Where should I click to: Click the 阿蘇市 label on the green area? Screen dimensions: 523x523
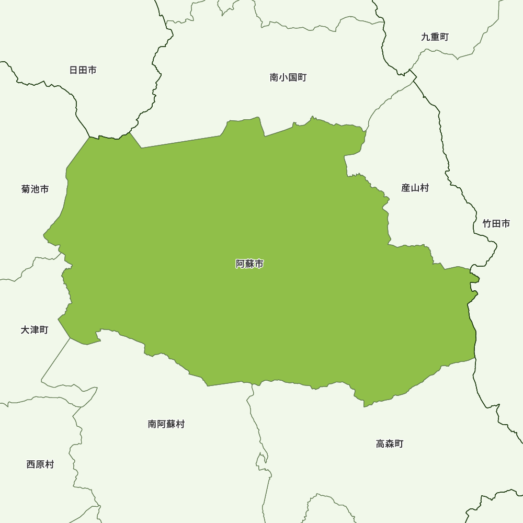tap(249, 264)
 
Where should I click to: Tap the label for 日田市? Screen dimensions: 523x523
tap(83, 70)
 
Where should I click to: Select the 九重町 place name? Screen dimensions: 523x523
tap(435, 37)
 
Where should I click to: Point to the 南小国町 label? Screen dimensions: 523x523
tap(288, 78)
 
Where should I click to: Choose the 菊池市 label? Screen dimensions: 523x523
tap(35, 189)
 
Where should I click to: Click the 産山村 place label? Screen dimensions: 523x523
tap(415, 188)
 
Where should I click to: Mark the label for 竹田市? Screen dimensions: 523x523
tap(496, 224)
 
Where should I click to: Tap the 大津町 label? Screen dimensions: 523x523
tap(35, 330)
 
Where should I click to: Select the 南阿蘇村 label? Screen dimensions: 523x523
tap(166, 424)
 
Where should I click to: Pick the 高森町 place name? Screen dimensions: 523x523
tap(390, 444)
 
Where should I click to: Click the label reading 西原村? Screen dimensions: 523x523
tap(40, 464)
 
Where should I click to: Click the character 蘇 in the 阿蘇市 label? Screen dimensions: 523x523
tap(249, 264)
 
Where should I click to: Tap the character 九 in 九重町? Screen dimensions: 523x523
tap(426, 37)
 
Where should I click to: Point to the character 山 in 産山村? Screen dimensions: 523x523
tap(415, 188)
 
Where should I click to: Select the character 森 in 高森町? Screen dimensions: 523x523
tap(390, 444)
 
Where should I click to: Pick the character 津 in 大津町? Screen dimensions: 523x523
tap(35, 330)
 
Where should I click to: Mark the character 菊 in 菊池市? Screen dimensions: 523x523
tap(26, 189)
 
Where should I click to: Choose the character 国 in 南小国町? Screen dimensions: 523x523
tap(292, 78)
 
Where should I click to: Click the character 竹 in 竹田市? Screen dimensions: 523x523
tap(487, 224)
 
